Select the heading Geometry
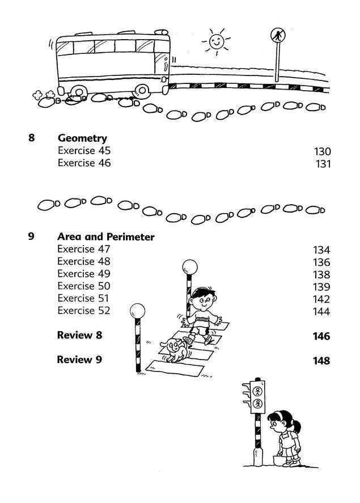[x=82, y=138]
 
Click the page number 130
[x=321, y=151]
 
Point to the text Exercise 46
[x=84, y=163]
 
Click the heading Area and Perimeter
[x=105, y=237]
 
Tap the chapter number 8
[x=31, y=138]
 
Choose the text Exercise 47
[x=84, y=250]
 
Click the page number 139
[x=321, y=287]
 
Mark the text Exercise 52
[x=84, y=311]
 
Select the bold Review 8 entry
[x=79, y=335]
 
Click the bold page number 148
[x=321, y=361]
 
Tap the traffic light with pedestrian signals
[x=257, y=397]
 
